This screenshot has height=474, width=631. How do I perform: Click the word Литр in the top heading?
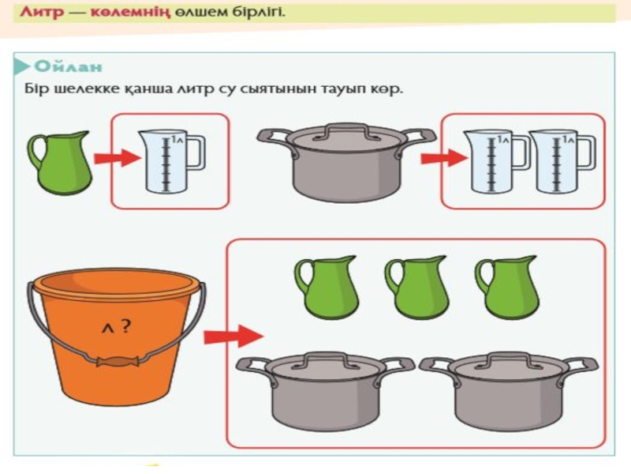tap(42, 12)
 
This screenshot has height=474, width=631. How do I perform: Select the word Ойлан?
tap(68, 66)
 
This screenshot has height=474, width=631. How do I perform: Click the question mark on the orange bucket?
tap(125, 325)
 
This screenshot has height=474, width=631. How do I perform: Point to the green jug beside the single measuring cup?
tap(61, 164)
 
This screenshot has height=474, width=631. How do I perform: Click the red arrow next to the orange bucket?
tap(233, 335)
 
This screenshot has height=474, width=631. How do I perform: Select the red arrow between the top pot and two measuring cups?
tap(444, 158)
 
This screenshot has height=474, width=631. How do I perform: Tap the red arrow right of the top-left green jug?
tap(118, 158)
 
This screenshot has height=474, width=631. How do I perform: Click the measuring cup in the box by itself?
tap(171, 160)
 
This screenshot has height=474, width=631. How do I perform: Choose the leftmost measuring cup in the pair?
tap(497, 161)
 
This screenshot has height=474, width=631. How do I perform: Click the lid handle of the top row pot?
tap(347, 131)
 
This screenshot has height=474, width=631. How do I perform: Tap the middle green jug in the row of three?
tap(416, 287)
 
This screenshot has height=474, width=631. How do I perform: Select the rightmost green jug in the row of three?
tap(507, 287)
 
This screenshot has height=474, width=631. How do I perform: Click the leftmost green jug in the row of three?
tap(327, 287)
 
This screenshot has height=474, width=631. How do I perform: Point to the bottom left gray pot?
tap(325, 391)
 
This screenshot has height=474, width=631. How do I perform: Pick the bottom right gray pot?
tap(509, 391)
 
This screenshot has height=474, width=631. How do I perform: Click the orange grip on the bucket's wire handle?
tap(118, 361)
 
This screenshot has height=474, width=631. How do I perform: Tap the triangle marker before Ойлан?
tap(21, 67)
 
